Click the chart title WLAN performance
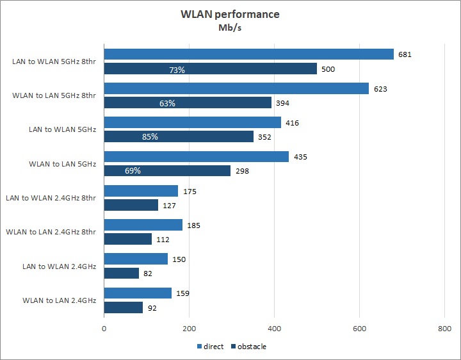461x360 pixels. (230, 14)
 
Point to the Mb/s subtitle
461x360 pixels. (230, 28)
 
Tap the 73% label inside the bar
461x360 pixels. (177, 69)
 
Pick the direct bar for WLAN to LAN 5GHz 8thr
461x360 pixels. (236, 88)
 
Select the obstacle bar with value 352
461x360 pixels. (179, 136)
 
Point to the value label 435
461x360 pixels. (300, 157)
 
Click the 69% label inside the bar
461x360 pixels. (133, 171)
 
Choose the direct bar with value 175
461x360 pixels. (141, 191)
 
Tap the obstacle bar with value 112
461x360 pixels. (128, 239)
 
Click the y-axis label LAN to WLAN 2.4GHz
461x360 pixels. (59, 266)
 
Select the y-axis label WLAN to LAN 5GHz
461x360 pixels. (62, 164)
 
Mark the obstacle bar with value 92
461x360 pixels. (124, 307)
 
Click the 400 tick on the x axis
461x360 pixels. (274, 329)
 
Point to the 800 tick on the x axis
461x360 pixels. (444, 329)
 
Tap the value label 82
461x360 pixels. (148, 274)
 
